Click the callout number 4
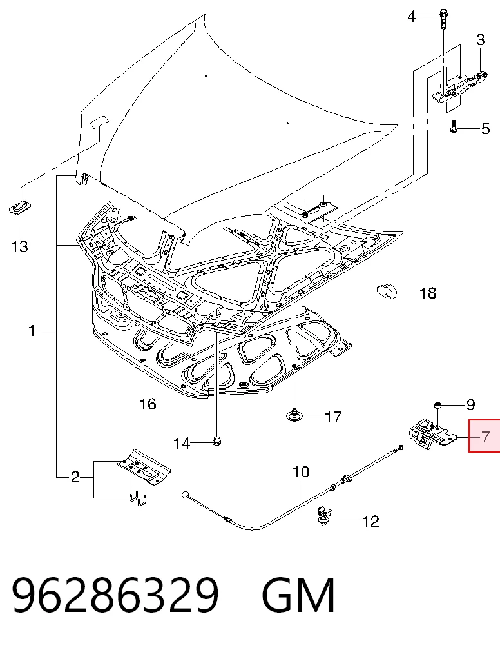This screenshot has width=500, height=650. click(411, 17)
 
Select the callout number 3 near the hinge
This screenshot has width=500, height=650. click(480, 40)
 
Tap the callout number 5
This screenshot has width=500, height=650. click(485, 129)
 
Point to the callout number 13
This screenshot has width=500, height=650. click(19, 246)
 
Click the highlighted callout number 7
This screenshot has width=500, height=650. click(485, 437)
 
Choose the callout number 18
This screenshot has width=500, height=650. click(428, 293)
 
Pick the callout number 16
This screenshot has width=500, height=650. click(148, 404)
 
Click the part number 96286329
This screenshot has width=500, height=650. click(115, 595)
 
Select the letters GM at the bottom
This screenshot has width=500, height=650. click(298, 595)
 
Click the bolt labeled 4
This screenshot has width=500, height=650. click(443, 19)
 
